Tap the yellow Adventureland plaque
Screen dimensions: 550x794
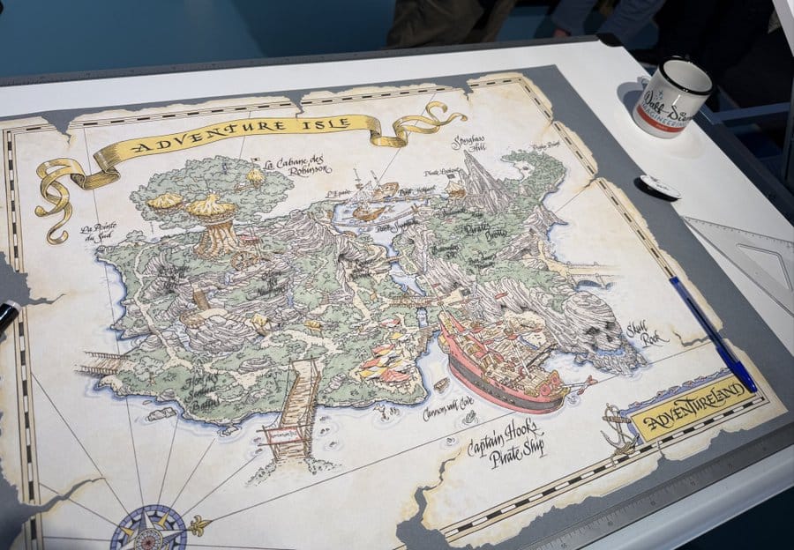(694, 407)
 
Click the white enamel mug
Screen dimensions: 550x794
(670, 96)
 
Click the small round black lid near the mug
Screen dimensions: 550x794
(658, 187)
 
